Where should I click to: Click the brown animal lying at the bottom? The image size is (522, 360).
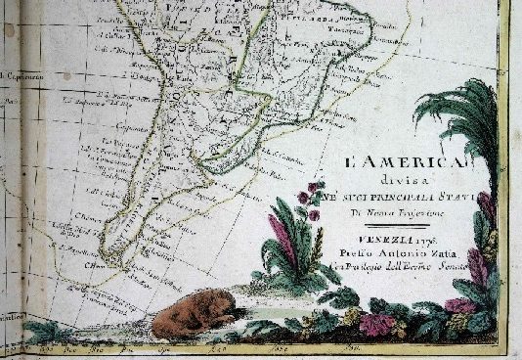[196, 316]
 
